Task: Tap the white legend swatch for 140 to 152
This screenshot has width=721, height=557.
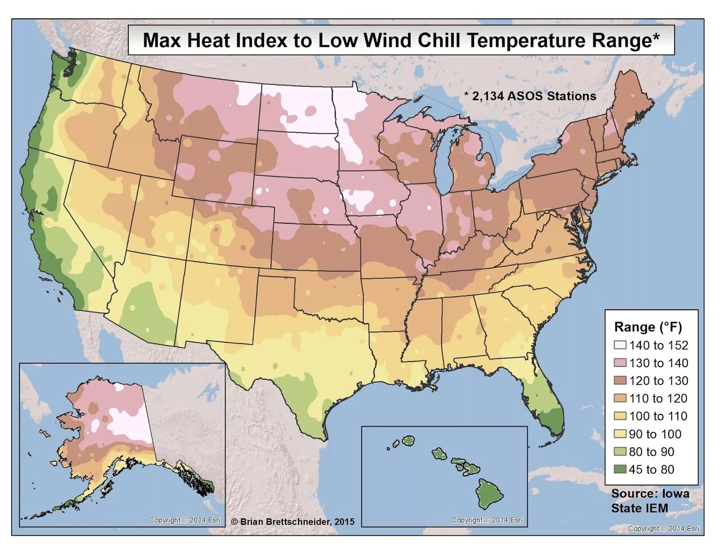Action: [x=620, y=345]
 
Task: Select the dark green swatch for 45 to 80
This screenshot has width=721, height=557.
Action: [x=620, y=469]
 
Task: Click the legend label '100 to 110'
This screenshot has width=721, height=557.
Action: [x=658, y=416]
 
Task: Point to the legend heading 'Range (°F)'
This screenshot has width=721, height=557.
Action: [x=648, y=327]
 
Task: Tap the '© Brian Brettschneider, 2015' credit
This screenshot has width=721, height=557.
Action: [x=293, y=521]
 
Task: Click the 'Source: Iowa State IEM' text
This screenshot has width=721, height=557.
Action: [x=649, y=501]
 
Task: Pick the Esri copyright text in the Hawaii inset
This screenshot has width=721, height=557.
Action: [x=487, y=520]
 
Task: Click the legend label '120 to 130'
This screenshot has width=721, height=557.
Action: [x=658, y=381]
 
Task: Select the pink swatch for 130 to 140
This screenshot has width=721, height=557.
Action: [x=620, y=363]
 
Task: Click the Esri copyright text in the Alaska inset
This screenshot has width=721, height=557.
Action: [x=185, y=520]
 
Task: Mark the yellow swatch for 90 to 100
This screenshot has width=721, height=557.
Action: [x=620, y=434]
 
